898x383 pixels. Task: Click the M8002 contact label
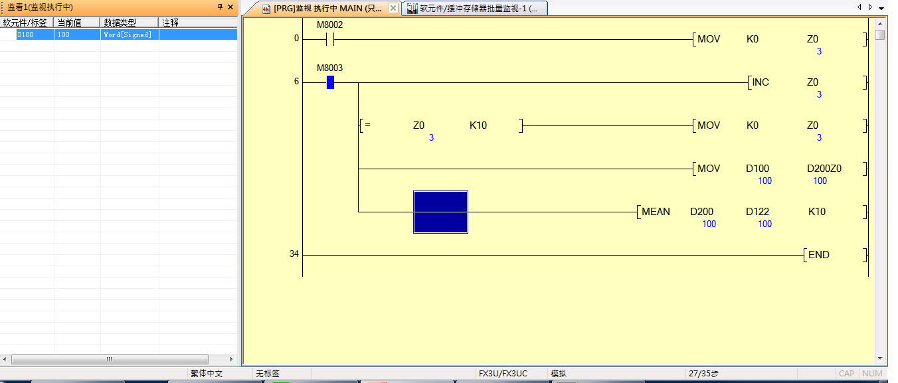329,25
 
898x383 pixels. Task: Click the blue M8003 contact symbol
330,82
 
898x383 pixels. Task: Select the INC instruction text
761,82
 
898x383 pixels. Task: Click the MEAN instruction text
656,212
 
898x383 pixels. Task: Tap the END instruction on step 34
818,255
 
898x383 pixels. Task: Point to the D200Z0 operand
824,169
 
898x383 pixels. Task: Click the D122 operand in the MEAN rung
757,212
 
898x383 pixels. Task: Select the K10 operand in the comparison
478,125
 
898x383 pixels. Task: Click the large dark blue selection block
440,212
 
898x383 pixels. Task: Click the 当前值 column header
69,23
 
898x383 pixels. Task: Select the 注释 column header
171,23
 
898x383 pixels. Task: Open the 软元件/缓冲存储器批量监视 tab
474,8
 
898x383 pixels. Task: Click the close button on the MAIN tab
393,8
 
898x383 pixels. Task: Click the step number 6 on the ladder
296,82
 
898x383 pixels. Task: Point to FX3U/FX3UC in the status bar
503,374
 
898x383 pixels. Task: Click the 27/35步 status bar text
704,374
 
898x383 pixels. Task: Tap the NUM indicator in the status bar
871,374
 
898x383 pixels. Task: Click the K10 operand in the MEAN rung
817,212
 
